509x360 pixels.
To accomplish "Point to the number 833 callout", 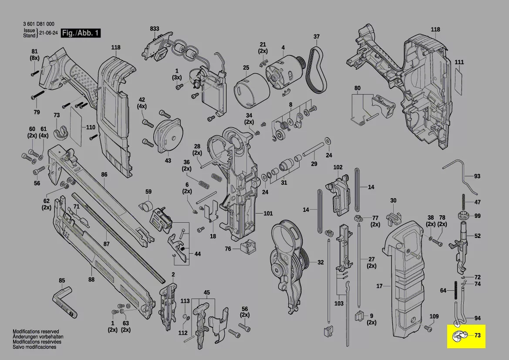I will pyautogui.click(x=155, y=29).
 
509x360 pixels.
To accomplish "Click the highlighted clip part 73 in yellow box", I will pyautogui.click(x=459, y=336).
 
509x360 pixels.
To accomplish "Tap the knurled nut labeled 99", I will pyautogui.click(x=463, y=215).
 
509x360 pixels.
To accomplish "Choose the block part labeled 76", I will pyautogui.click(x=246, y=247).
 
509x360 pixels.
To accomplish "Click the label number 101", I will pyautogui.click(x=268, y=214).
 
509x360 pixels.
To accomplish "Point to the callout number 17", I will pyautogui.click(x=379, y=286).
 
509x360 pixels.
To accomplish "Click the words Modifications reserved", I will pyautogui.click(x=36, y=332).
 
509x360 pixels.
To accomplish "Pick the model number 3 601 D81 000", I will pyautogui.click(x=38, y=25).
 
